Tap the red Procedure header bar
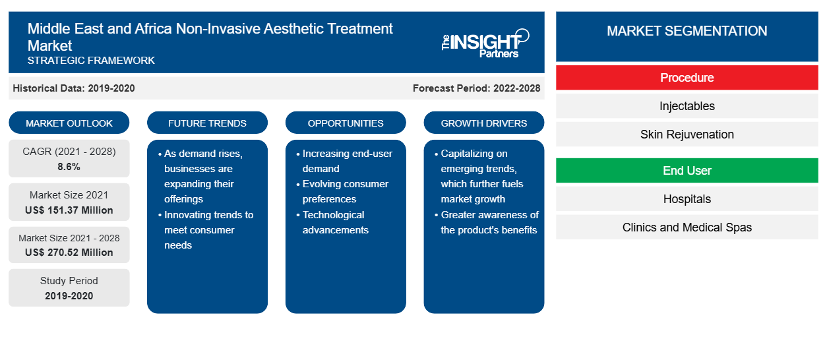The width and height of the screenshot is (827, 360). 687,78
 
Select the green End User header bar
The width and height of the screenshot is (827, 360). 687,170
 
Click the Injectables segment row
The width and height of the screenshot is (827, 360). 687,106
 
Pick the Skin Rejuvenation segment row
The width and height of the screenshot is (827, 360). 687,135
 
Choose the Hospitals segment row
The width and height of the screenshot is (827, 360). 687,199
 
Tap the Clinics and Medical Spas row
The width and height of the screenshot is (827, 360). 687,227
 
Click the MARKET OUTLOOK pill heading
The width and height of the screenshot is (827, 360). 69,123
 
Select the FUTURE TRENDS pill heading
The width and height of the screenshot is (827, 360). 207,123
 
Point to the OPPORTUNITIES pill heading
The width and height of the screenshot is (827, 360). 346,123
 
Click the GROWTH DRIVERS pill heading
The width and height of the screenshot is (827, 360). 483,123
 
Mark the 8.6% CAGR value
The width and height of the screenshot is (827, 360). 69,167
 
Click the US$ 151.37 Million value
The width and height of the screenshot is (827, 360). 69,210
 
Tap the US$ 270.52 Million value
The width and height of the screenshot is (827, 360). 69,252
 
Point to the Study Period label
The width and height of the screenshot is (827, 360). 69,281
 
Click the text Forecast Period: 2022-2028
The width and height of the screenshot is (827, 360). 476,88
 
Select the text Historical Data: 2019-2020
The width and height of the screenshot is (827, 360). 74,88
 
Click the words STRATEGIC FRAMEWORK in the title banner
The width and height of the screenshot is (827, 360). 91,60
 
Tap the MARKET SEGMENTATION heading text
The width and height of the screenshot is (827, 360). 687,30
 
